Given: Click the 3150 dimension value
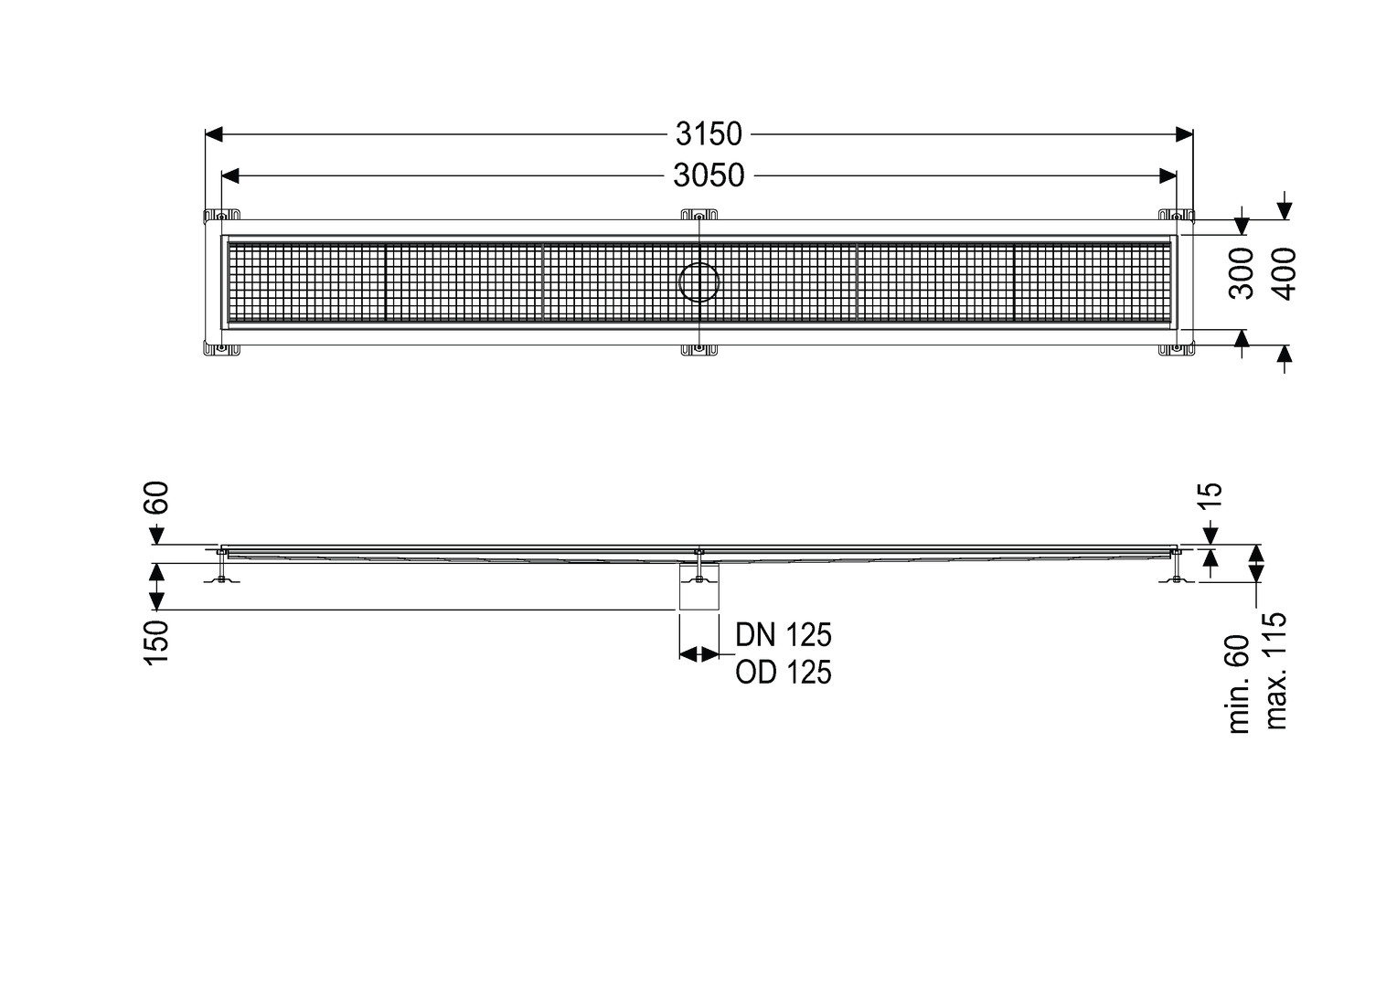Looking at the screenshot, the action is [709, 134].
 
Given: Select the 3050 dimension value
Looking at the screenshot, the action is [709, 175].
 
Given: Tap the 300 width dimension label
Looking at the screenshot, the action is [1241, 273].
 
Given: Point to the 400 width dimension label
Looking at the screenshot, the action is [1284, 273].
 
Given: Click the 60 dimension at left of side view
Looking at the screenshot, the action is [158, 497].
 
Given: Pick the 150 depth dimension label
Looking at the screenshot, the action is [157, 642].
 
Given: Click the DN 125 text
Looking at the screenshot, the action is [784, 635].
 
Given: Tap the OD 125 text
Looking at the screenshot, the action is [784, 672].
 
